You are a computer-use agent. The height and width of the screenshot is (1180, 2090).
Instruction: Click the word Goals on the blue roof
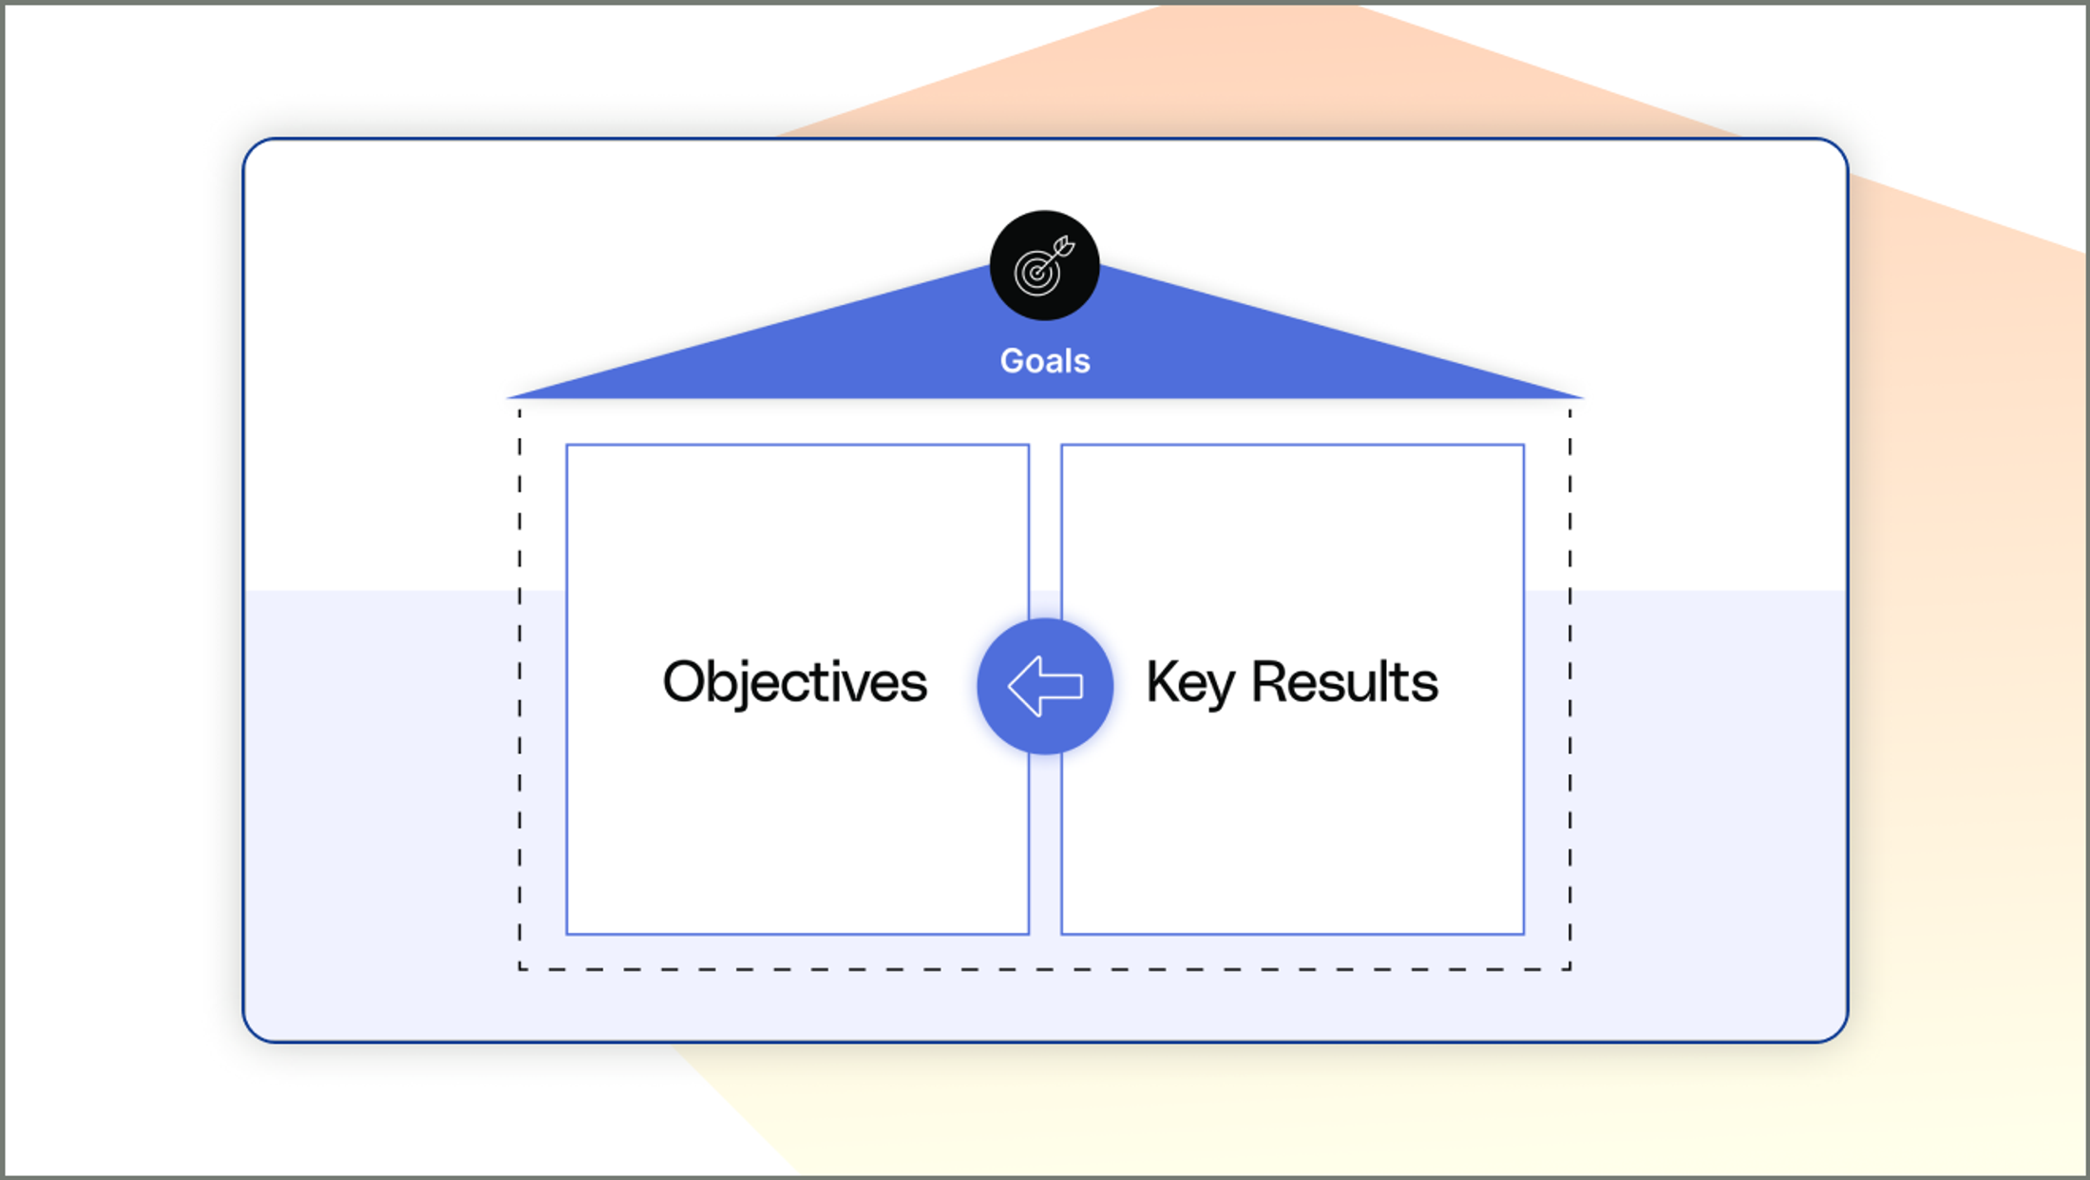pyautogui.click(x=1045, y=361)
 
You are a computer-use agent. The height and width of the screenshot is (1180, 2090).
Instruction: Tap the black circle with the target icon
pyautogui.click(x=1044, y=265)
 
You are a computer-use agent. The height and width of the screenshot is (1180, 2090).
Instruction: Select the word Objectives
pyautogui.click(x=794, y=682)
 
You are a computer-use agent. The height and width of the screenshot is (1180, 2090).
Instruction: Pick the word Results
pyautogui.click(x=1344, y=682)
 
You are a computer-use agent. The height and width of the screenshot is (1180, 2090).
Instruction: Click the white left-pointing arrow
pyautogui.click(x=1044, y=686)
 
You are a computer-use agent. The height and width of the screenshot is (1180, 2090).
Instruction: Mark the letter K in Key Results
pyautogui.click(x=1162, y=681)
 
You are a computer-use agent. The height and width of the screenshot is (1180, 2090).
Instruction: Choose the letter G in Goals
pyautogui.click(x=1014, y=361)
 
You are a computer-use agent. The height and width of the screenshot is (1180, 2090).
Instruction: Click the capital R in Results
pyautogui.click(x=1269, y=681)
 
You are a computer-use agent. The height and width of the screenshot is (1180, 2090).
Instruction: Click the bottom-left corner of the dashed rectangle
pyautogui.click(x=520, y=969)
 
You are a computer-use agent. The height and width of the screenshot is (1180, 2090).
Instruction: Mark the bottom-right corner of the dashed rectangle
pyautogui.click(x=1570, y=969)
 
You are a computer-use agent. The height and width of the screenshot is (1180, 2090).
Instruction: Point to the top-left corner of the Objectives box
pyautogui.click(x=567, y=445)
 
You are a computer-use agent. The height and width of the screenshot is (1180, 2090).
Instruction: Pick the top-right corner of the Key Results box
pyautogui.click(x=1524, y=445)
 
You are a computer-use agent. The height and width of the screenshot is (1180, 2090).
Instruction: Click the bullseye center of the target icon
pyautogui.click(x=1036, y=274)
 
